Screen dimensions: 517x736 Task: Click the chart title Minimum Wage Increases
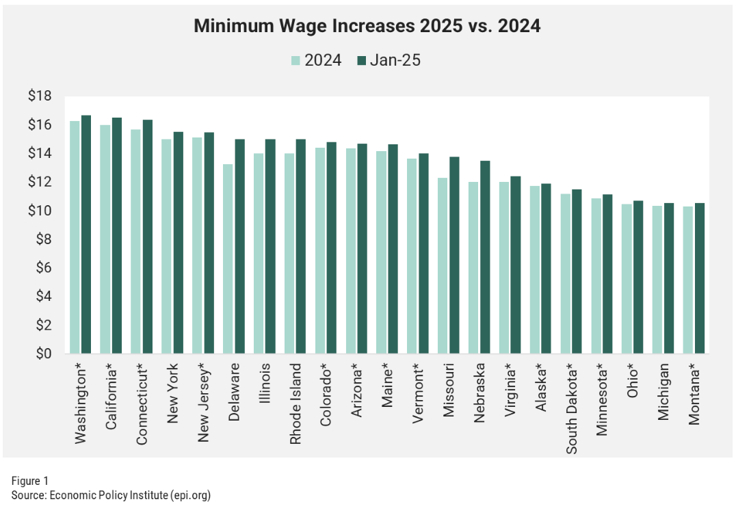coord(367,27)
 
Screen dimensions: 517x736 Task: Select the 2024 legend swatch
coord(295,60)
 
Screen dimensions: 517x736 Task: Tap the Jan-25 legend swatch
coord(363,60)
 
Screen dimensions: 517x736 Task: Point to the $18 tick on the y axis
coord(40,96)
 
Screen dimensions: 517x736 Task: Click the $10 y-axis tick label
coord(40,211)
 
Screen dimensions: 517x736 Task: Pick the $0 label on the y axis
coord(43,354)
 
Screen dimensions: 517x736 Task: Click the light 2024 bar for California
coord(105,239)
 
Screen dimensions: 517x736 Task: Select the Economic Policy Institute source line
coord(110,495)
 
